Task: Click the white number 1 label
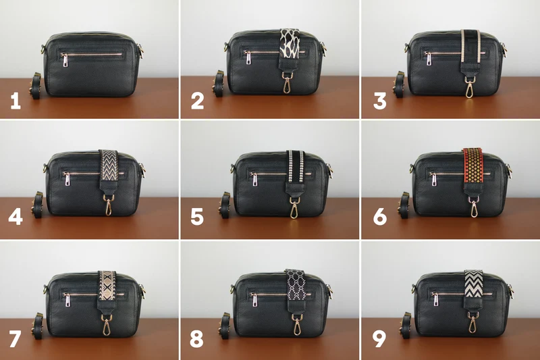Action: [x=16, y=101]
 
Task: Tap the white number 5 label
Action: [x=197, y=217]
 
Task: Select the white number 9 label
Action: [x=379, y=339]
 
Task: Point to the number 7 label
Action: [x=15, y=339]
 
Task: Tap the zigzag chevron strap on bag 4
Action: [x=109, y=165]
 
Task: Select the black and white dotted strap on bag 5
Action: [x=296, y=166]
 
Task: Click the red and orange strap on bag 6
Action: [x=474, y=165]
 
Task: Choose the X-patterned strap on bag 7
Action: [x=107, y=286]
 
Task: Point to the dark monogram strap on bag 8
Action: [x=296, y=286]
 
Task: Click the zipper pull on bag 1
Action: [x=65, y=59]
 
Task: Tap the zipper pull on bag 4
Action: [x=66, y=179]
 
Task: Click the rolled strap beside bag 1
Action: [x=36, y=86]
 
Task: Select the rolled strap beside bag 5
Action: [x=225, y=205]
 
